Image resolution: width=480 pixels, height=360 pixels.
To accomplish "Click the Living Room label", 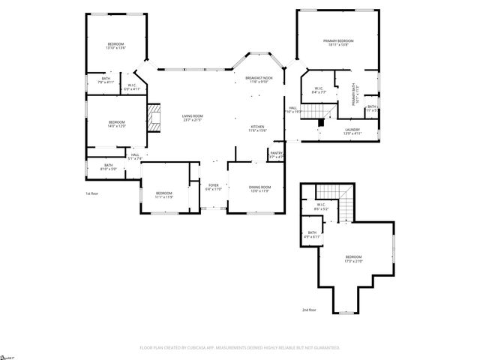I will [193, 116].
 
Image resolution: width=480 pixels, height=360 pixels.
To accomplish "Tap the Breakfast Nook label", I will [259, 79].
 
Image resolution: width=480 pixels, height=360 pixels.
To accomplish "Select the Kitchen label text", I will [257, 127].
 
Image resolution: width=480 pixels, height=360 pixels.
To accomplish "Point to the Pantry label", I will [275, 155].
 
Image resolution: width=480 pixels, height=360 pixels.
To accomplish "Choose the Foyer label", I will [214, 184].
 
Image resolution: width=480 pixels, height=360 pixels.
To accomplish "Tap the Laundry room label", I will [352, 130].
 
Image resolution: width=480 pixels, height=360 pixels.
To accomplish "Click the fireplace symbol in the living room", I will [154, 118].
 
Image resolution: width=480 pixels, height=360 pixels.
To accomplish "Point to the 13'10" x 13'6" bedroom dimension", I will [115, 48].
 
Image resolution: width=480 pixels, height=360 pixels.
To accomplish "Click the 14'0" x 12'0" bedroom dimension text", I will [116, 126].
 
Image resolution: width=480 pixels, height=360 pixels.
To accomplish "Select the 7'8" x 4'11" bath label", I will [106, 82].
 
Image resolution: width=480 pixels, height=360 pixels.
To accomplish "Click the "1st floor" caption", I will [91, 193].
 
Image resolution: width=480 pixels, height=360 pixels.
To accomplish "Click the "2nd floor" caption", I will [308, 310].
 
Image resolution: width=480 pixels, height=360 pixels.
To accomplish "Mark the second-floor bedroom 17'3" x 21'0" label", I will [352, 259].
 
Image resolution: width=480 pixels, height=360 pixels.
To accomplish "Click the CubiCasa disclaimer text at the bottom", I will [239, 347].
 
